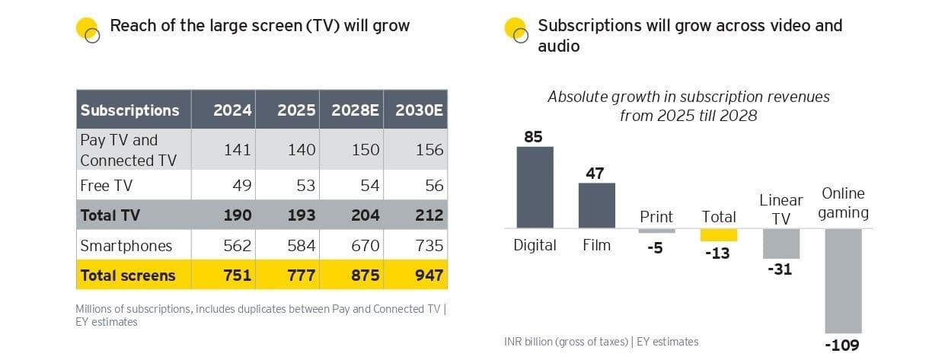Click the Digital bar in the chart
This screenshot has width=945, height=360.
(535, 187)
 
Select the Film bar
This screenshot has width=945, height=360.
(596, 205)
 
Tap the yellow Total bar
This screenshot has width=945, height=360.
(719, 234)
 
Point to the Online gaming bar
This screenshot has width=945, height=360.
(843, 280)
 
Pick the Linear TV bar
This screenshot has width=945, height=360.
(781, 244)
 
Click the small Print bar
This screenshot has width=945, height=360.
(656, 231)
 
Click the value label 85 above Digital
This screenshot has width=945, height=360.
(535, 137)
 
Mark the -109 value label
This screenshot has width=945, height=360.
(842, 346)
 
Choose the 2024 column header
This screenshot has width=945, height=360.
(232, 110)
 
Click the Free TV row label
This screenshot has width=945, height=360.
(106, 185)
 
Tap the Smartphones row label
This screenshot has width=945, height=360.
(126, 245)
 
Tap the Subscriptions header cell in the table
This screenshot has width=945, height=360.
(130, 110)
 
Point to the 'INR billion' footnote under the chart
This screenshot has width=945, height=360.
(601, 341)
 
